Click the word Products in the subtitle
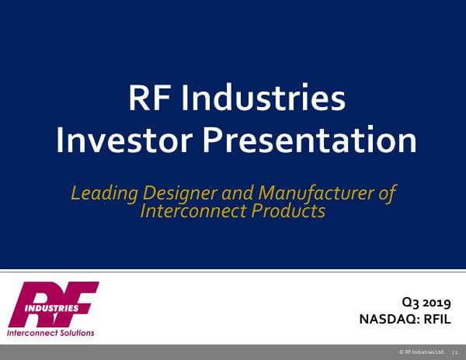(291, 210)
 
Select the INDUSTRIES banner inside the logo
(53, 307)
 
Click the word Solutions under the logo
(75, 333)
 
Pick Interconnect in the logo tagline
(30, 333)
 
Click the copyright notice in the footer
(423, 352)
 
